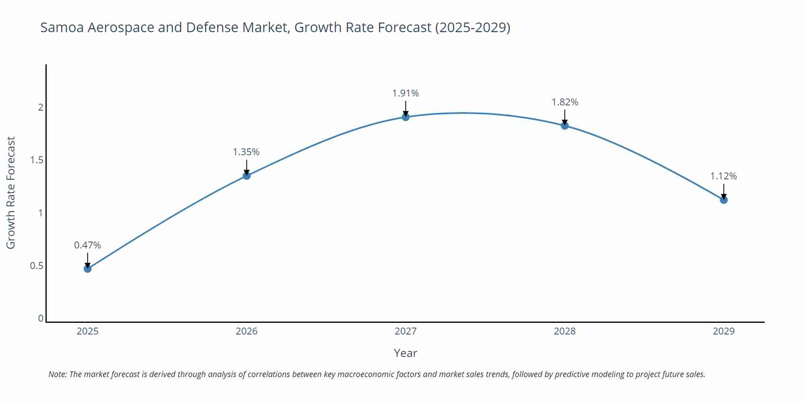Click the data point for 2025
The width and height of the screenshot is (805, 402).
88,269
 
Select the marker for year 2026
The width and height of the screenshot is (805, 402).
247,176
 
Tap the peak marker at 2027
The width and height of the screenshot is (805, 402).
406,117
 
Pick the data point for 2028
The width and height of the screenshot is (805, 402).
565,126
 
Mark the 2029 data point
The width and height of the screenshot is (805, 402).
724,200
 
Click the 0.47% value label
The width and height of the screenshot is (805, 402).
87,245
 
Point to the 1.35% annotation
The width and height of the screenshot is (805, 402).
246,152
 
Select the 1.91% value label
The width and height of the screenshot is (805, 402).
406,93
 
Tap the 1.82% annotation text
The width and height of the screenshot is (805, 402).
565,102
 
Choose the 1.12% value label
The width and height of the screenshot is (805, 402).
723,176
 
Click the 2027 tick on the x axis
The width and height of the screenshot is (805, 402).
406,331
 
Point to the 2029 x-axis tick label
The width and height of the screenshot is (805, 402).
724,331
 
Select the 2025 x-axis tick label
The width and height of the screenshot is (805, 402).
88,331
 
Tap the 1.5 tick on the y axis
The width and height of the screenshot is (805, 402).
37,160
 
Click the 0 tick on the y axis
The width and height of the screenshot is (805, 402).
41,318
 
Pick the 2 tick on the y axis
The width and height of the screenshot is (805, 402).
41,107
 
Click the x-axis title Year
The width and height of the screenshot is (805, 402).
405,353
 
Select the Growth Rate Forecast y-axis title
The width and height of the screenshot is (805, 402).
11,193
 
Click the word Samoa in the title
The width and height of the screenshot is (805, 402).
62,27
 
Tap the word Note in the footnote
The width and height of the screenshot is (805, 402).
57,374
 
